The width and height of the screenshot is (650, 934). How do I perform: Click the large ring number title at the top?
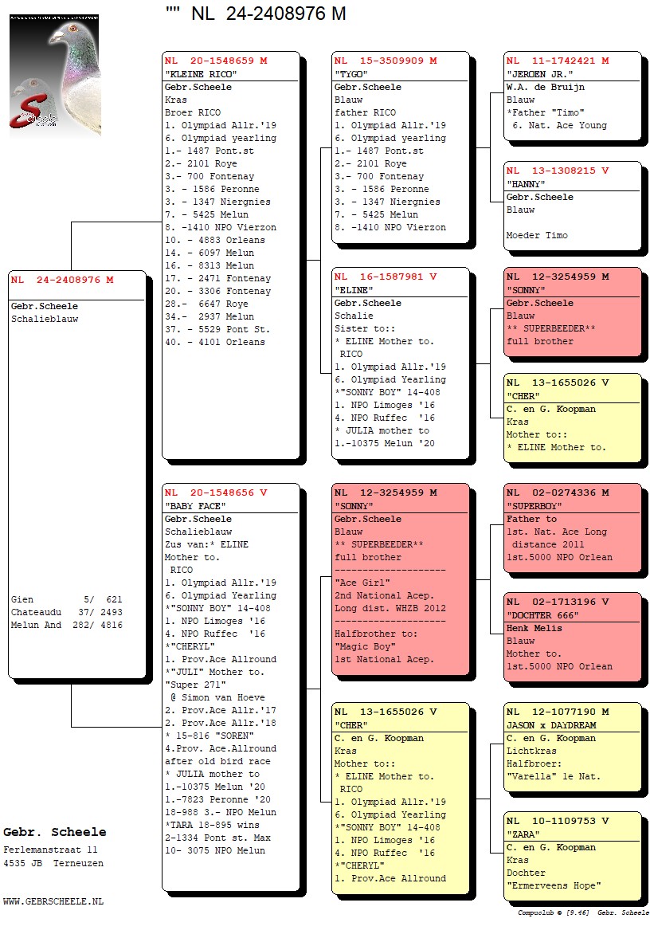[x=256, y=14]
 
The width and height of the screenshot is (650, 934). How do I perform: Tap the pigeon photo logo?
[x=54, y=76]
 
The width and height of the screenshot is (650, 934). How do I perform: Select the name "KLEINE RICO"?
[x=201, y=74]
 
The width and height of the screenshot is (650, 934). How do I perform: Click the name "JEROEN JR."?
[x=540, y=74]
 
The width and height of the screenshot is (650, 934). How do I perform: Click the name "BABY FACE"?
[x=195, y=506]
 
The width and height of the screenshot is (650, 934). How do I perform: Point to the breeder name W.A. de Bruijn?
[x=545, y=87]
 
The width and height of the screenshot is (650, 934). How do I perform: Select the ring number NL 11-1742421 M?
[x=558, y=61]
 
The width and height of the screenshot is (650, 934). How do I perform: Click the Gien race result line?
[x=67, y=599]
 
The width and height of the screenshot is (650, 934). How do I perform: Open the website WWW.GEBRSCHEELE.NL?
[x=53, y=901]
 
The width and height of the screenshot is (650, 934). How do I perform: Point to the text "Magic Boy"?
[x=362, y=646]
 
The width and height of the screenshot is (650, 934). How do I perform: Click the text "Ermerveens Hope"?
[x=554, y=885]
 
